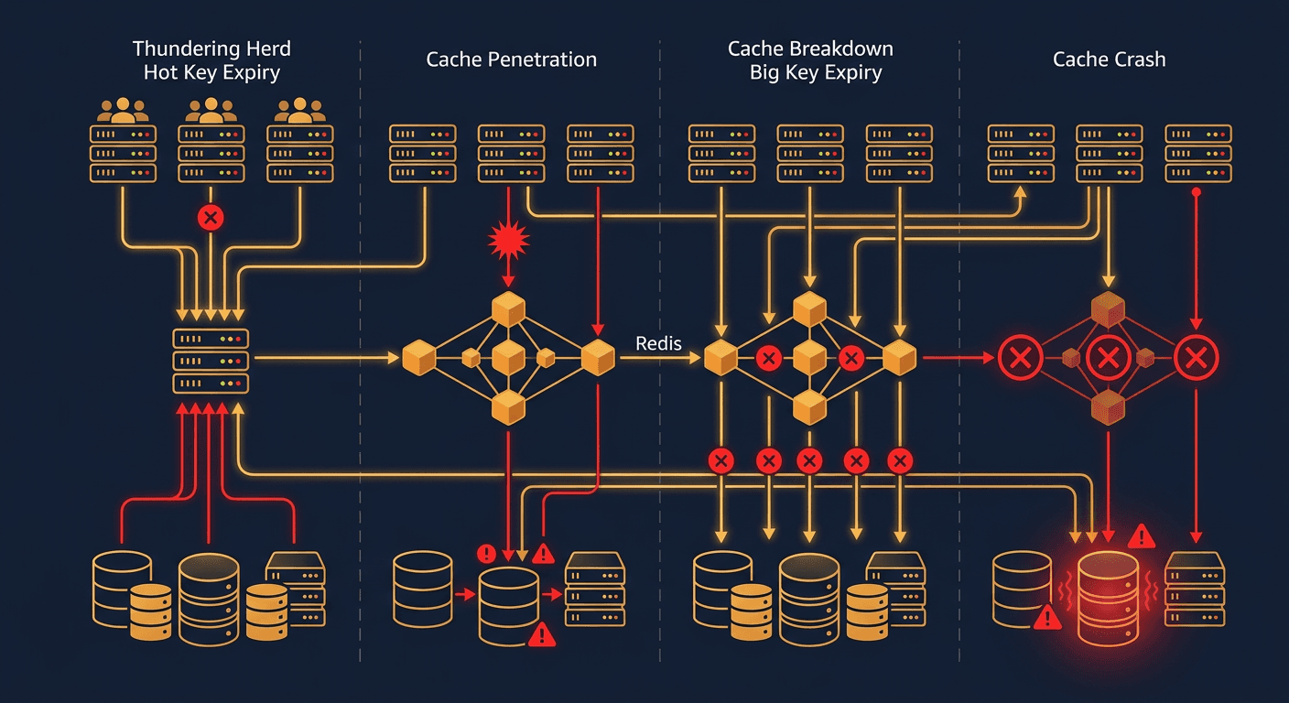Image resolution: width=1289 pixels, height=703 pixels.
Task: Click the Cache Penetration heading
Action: pos(511,60)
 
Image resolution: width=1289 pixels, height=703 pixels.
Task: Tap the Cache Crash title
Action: pos(1109,60)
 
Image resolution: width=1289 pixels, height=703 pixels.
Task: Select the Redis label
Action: pos(657,342)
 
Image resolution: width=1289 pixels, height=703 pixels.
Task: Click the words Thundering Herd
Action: pos(211,49)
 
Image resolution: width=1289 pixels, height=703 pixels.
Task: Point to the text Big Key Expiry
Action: pos(815,73)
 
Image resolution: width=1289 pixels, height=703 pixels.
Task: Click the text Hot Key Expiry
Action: pos(211,73)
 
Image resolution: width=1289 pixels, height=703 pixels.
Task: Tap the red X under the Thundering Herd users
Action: pos(211,218)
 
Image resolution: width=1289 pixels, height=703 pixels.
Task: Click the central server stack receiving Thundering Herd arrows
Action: pos(211,360)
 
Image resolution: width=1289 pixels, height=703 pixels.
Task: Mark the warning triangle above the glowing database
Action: pos(1141,536)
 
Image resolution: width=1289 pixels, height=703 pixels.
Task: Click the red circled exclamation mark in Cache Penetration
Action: pos(486,553)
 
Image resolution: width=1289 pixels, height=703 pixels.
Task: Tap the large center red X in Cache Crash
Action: pos(1108,357)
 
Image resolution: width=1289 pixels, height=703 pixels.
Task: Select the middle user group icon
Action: pos(211,112)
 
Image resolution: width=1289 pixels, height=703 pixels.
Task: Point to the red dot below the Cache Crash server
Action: pos(1195,192)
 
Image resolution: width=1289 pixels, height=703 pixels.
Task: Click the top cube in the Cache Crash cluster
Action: pos(1108,309)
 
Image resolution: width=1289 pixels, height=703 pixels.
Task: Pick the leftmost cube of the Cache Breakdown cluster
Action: pos(720,357)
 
